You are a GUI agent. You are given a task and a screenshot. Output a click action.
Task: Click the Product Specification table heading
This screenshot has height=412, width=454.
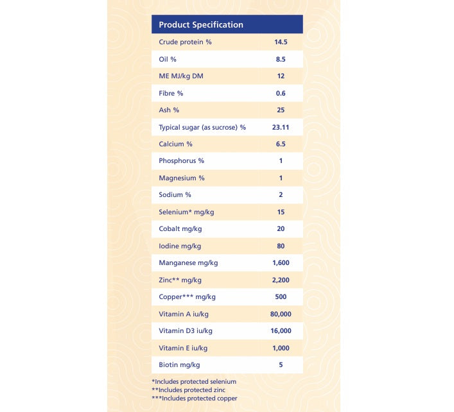click(201, 25)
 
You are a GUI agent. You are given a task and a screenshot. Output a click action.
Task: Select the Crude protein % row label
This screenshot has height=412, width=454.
click(185, 42)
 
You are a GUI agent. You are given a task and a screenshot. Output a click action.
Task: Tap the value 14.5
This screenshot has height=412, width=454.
click(280, 42)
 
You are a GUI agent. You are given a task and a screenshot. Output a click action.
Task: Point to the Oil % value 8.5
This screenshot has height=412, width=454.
click(280, 59)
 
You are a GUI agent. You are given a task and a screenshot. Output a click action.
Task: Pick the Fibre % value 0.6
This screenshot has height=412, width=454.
click(280, 93)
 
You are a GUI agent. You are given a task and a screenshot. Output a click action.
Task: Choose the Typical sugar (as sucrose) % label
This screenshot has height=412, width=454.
click(202, 127)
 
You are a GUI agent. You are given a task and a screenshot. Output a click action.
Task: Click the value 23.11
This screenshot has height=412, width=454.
click(280, 127)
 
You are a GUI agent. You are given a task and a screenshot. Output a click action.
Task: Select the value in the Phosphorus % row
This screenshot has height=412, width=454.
click(281, 161)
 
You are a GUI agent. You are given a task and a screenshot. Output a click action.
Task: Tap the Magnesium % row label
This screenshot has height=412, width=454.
click(182, 178)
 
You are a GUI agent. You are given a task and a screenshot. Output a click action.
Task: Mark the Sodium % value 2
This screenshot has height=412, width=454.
click(281, 195)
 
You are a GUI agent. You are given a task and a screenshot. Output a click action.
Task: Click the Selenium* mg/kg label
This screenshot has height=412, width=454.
click(184, 212)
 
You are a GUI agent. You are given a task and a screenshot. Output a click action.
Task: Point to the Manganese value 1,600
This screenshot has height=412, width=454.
click(281, 262)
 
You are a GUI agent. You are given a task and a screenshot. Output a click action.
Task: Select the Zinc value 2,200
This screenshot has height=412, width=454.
click(281, 280)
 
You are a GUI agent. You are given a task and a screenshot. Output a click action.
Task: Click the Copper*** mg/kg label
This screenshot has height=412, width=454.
click(187, 296)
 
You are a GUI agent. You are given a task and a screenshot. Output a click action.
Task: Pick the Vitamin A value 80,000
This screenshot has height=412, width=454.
click(281, 314)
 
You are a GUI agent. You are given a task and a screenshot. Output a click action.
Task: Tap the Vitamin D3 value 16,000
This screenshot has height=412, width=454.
click(281, 330)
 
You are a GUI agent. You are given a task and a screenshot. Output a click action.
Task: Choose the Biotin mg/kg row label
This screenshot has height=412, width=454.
click(179, 365)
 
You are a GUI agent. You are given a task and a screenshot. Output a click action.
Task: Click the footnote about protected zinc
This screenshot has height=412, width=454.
click(188, 390)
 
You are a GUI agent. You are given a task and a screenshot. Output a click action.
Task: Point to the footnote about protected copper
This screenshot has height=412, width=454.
click(195, 398)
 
